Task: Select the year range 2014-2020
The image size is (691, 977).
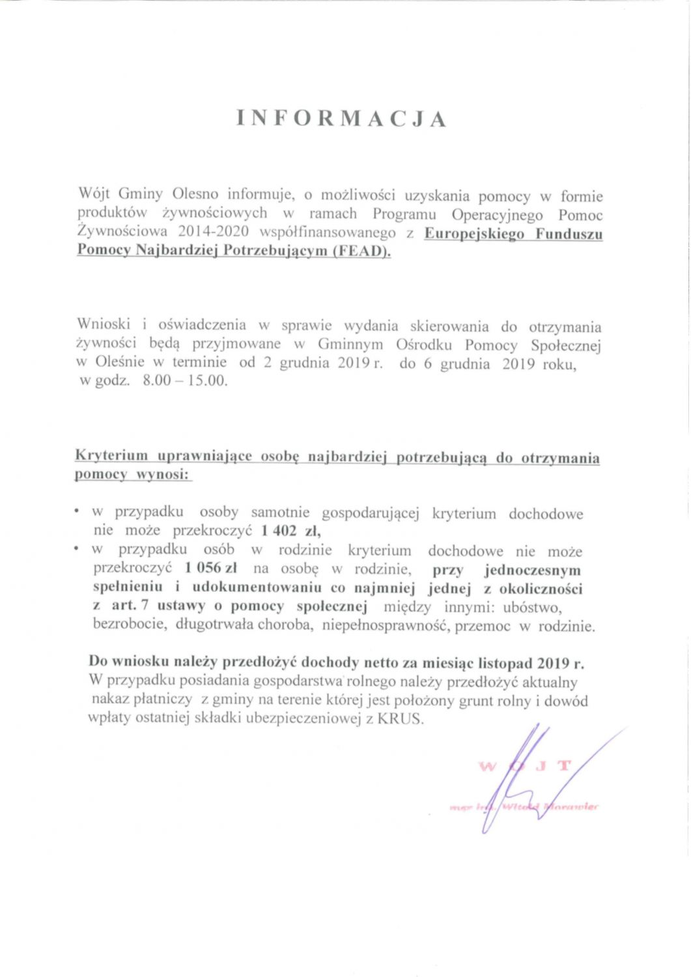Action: tap(214, 232)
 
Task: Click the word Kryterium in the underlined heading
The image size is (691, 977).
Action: tap(111, 456)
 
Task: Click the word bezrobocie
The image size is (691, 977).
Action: tap(131, 625)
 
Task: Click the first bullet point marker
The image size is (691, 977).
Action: tap(77, 512)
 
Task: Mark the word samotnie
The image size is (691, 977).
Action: tap(280, 513)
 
